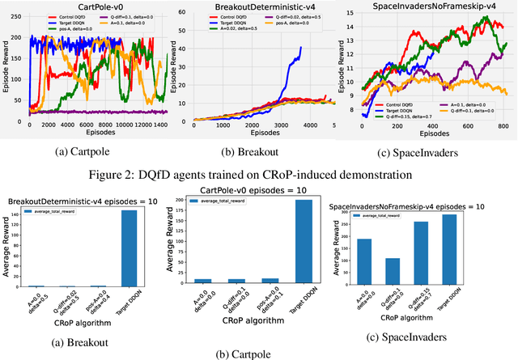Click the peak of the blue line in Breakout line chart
pyautogui.click(x=301, y=48)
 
